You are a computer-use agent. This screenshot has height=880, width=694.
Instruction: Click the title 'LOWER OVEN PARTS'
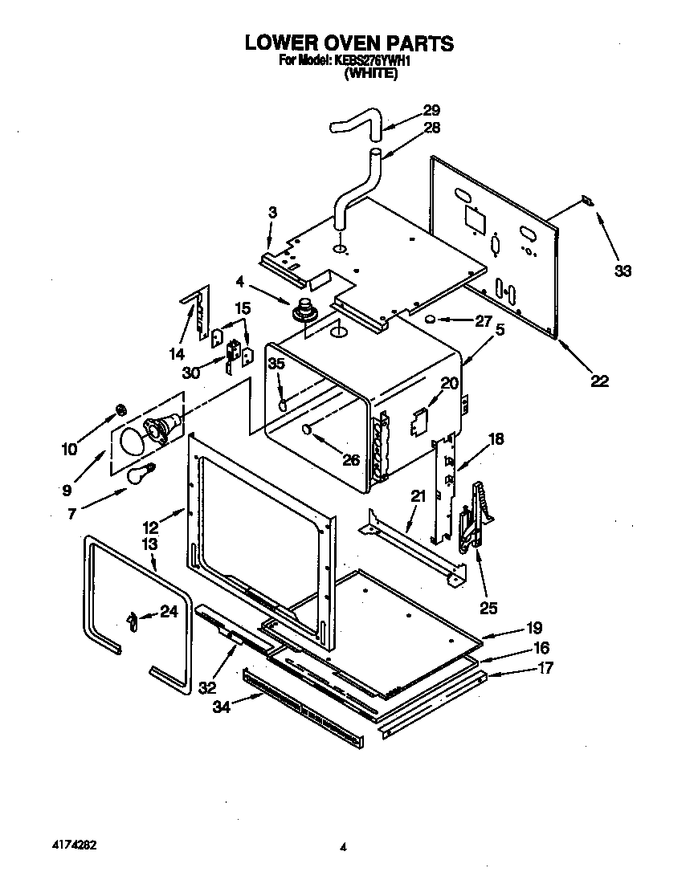[x=349, y=43]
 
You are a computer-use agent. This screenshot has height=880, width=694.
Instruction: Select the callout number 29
[x=431, y=110]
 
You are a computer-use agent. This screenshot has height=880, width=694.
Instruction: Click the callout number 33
[x=623, y=271]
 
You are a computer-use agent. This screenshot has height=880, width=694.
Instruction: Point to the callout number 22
[x=599, y=381]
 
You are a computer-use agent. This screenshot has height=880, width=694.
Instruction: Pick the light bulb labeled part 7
[x=139, y=474]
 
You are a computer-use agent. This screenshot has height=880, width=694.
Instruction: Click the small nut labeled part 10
[x=121, y=410]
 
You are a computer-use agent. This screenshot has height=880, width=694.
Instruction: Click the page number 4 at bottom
[x=343, y=846]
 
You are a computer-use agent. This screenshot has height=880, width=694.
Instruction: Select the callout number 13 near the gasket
[x=150, y=545]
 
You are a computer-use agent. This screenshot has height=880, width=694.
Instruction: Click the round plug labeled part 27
[x=431, y=320]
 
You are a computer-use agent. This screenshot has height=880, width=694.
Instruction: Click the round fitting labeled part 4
[x=305, y=309]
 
